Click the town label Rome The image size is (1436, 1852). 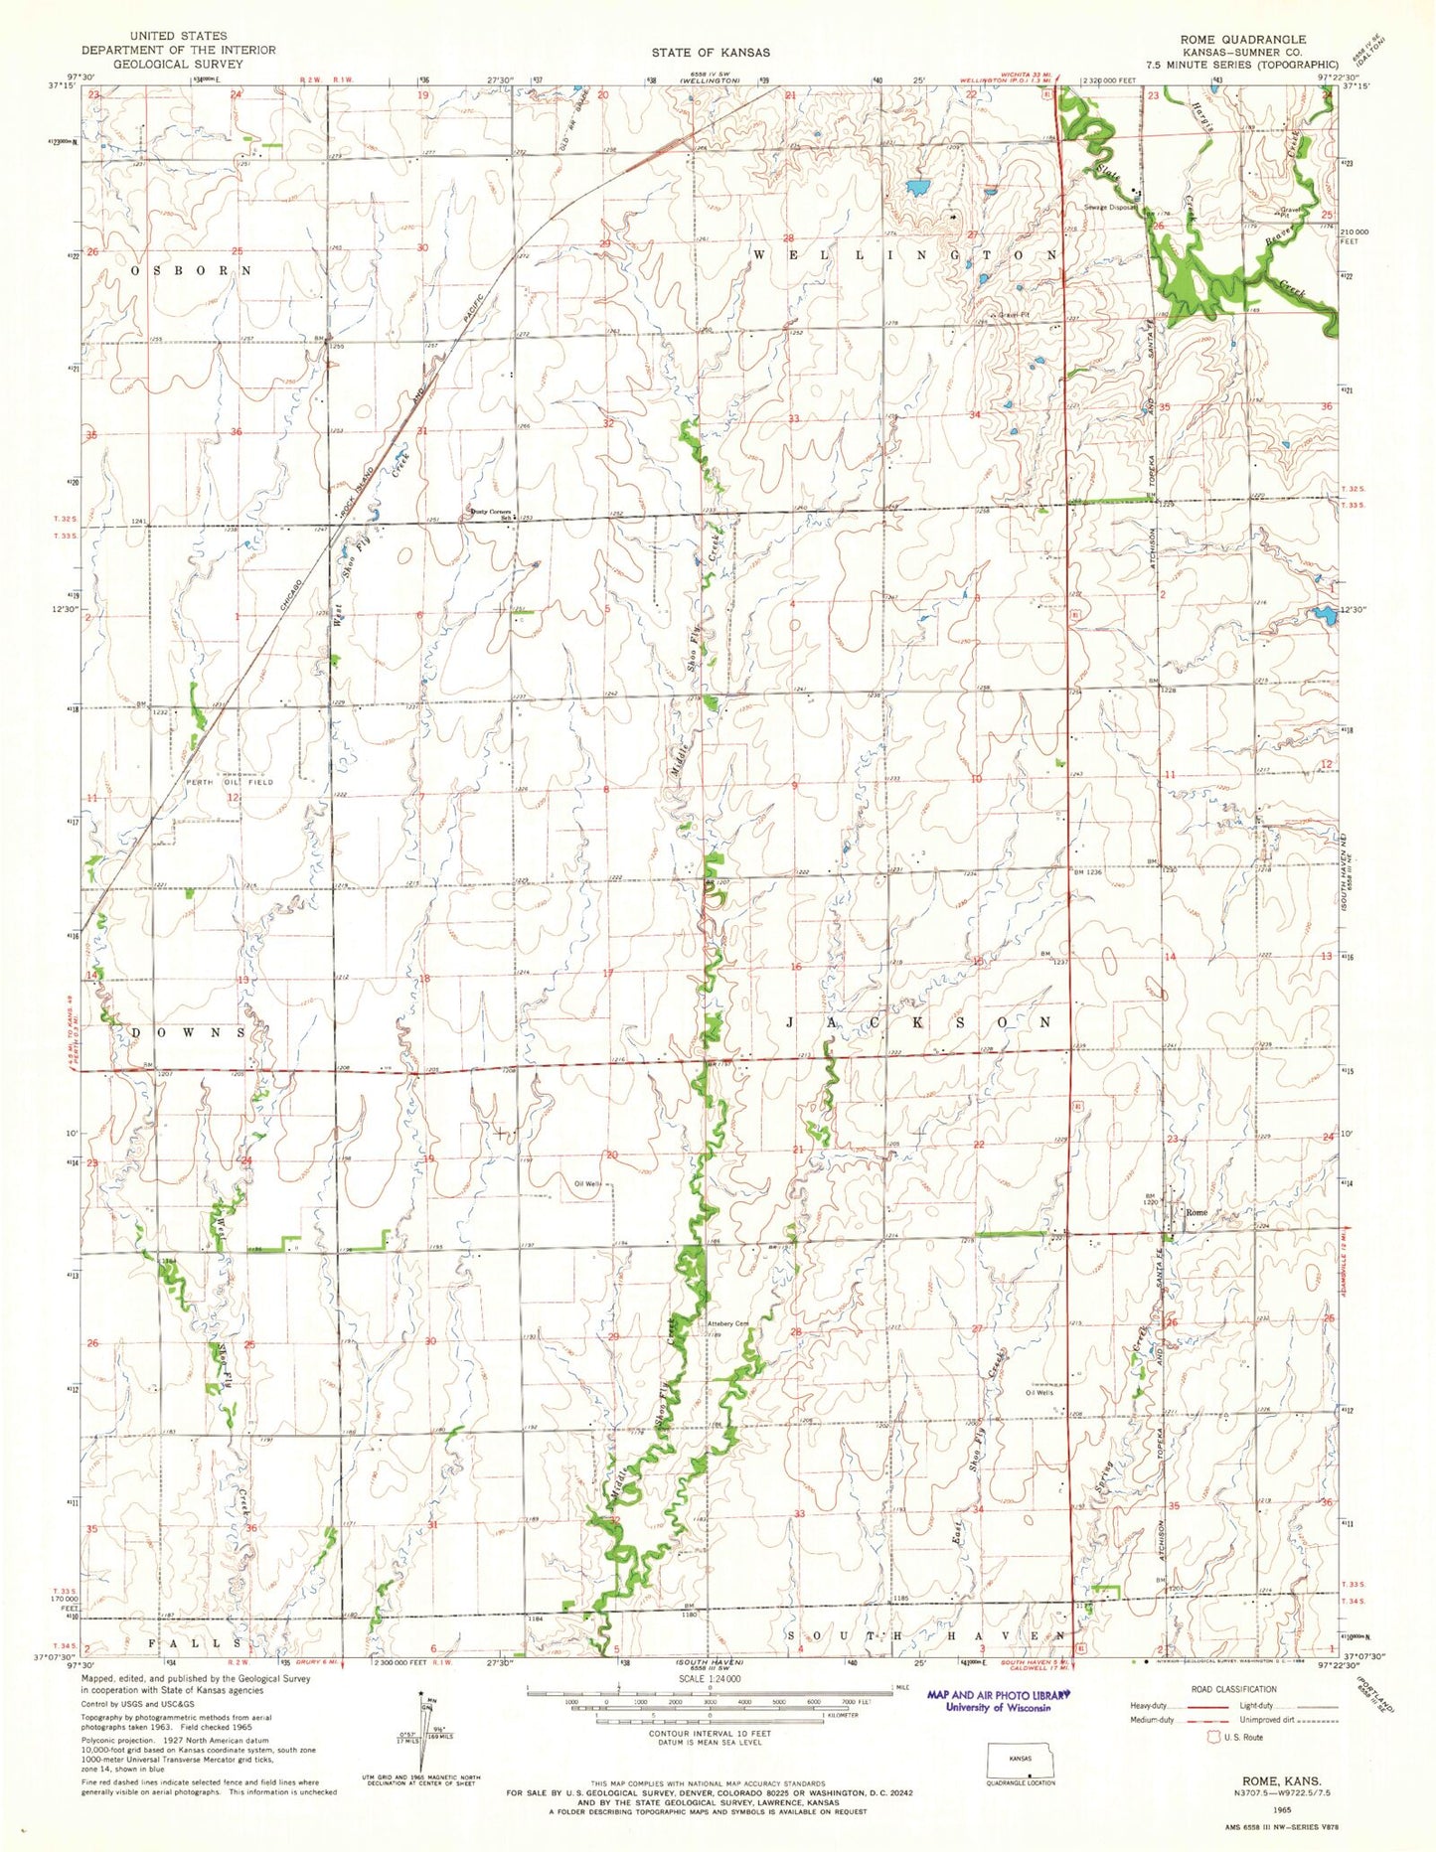pyautogui.click(x=1196, y=1212)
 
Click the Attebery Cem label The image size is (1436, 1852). pyautogui.click(x=726, y=1323)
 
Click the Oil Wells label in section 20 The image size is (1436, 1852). pyautogui.click(x=588, y=1184)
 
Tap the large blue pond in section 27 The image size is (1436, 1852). pyautogui.click(x=916, y=187)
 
